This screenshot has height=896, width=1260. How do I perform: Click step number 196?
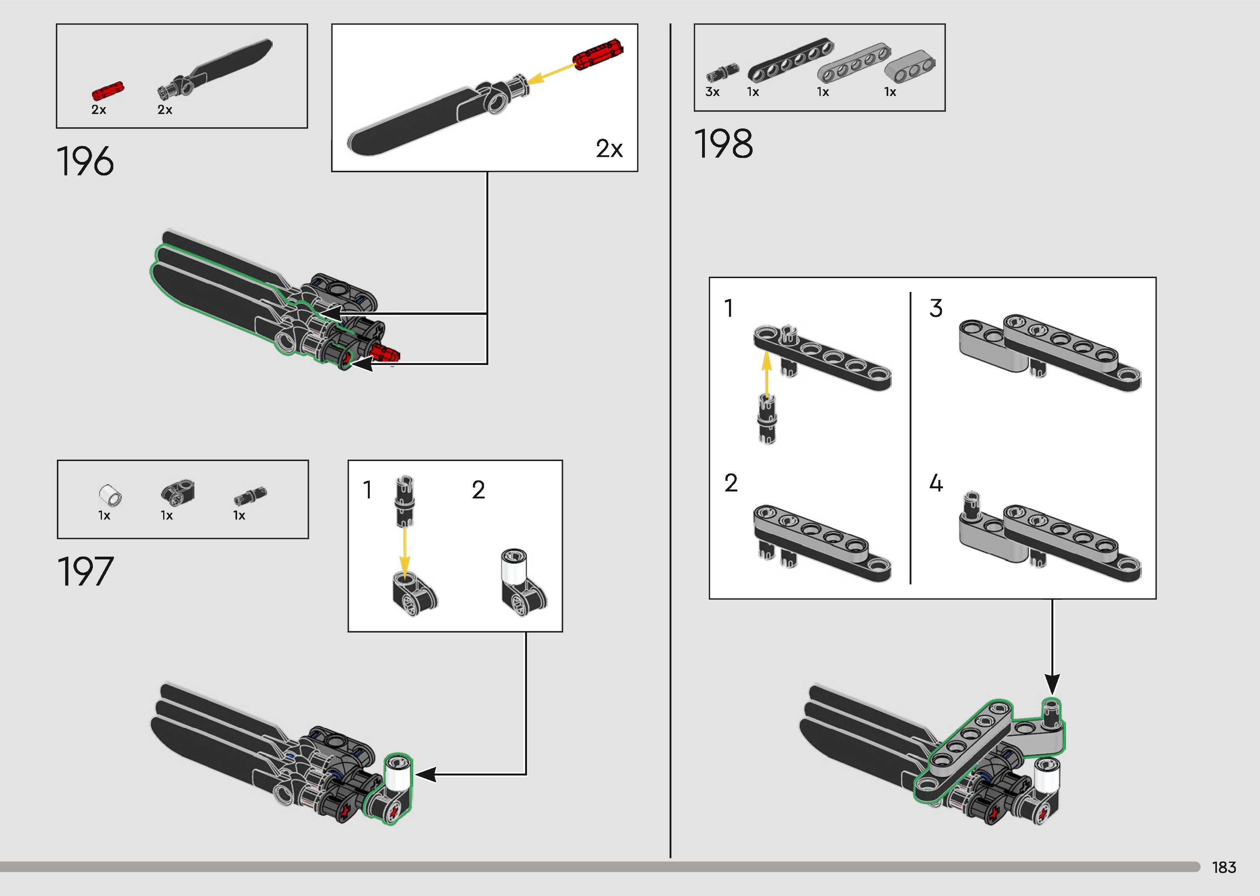pyautogui.click(x=85, y=162)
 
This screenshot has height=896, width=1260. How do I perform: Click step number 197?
pyautogui.click(x=85, y=572)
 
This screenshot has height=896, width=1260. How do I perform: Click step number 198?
pyautogui.click(x=723, y=144)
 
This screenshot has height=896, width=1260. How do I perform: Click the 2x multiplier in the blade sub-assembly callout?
pyautogui.click(x=609, y=149)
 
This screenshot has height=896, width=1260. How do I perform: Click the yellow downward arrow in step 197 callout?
pyautogui.click(x=404, y=552)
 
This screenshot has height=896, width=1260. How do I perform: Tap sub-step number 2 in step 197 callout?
pyautogui.click(x=478, y=490)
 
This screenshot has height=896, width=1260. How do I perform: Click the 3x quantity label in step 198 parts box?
pyautogui.click(x=712, y=92)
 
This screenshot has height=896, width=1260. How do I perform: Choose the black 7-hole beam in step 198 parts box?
pyautogui.click(x=791, y=60)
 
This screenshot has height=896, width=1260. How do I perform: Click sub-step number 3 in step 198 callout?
pyautogui.click(x=936, y=309)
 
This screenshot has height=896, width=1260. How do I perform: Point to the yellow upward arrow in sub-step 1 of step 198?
pyautogui.click(x=766, y=373)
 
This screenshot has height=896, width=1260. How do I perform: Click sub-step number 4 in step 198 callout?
pyautogui.click(x=936, y=483)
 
